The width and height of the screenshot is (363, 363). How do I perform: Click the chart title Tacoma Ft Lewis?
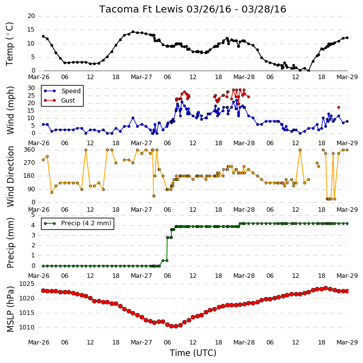pyautogui.click(x=141, y=9)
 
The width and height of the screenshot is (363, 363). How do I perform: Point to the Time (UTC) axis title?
pyautogui.click(x=193, y=353)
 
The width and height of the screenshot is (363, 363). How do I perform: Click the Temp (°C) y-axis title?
pyautogui.click(x=10, y=44)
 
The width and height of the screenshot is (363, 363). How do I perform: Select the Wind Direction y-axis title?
pyautogui.click(x=10, y=176)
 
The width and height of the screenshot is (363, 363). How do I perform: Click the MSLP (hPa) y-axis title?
pyautogui.click(x=10, y=309)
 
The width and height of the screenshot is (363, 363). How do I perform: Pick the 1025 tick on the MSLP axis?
pyautogui.click(x=27, y=284)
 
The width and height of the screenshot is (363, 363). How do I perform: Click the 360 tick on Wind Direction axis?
pyautogui.click(x=29, y=150)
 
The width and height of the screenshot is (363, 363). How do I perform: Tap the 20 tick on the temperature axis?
pyautogui.click(x=31, y=16)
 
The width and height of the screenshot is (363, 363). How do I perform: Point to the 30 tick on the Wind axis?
pyautogui.click(x=31, y=88)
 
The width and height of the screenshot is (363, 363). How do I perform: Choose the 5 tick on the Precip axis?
pyautogui.click(x=33, y=215)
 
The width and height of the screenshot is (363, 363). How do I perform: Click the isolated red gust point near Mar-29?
pyautogui.click(x=338, y=108)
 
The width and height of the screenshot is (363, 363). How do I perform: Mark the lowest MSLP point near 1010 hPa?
pyautogui.click(x=172, y=326)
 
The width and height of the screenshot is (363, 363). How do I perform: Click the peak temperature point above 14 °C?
pyautogui.click(x=133, y=32)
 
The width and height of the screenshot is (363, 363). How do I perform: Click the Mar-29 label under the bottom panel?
pyautogui.click(x=347, y=342)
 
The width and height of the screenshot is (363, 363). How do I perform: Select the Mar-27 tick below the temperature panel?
pyautogui.click(x=141, y=77)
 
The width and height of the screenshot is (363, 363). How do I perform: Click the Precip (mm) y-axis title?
pyautogui.click(x=10, y=243)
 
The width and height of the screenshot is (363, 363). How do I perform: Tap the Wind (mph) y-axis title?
pyautogui.click(x=10, y=110)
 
